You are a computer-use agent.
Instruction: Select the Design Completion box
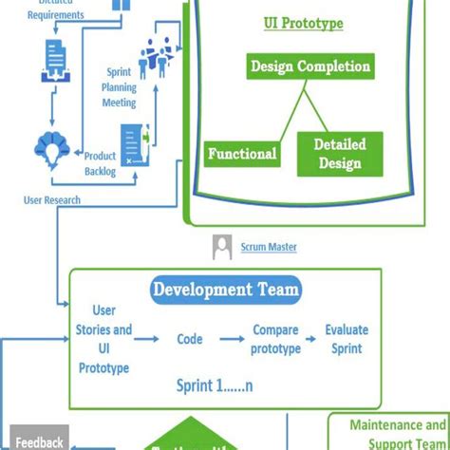(309, 66)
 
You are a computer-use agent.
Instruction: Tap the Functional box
(242, 154)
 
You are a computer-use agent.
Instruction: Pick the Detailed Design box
(339, 154)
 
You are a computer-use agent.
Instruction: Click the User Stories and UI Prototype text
(103, 339)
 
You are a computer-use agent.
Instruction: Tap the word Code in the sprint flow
(190, 338)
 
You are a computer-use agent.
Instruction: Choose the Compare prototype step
(276, 338)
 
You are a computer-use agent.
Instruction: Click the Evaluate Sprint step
(347, 338)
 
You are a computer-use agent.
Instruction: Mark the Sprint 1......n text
(224, 385)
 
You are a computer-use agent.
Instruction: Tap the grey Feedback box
(39, 441)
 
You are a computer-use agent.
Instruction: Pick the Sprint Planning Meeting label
(119, 86)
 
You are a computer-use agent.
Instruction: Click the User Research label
(52, 200)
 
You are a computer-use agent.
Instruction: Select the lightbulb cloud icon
(48, 146)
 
